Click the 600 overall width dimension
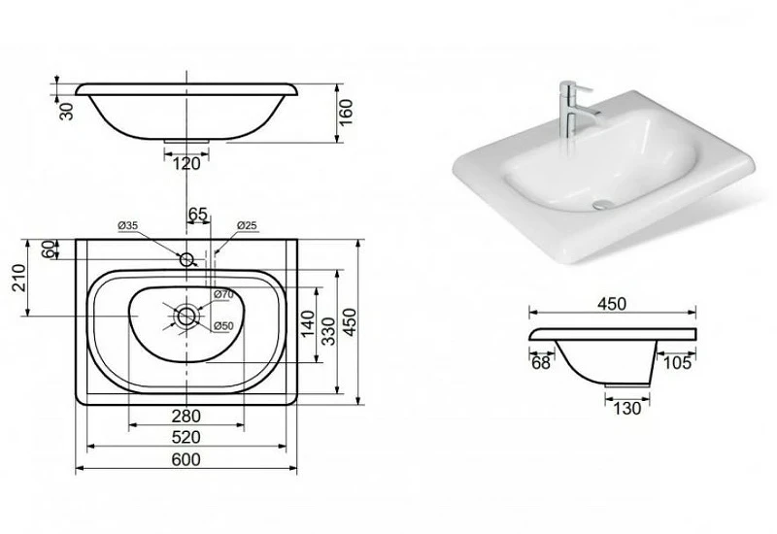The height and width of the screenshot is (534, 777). [186, 459]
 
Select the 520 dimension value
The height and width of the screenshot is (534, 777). [186, 438]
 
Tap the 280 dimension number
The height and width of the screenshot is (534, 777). [186, 417]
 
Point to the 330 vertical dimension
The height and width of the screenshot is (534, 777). [327, 331]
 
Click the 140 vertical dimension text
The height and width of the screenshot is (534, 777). [307, 323]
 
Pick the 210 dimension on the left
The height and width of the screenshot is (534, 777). [18, 278]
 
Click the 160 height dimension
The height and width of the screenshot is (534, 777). [346, 113]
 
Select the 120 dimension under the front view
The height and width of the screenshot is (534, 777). [186, 163]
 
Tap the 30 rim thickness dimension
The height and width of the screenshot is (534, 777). [66, 111]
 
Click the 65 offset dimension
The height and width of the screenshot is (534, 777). [197, 215]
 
